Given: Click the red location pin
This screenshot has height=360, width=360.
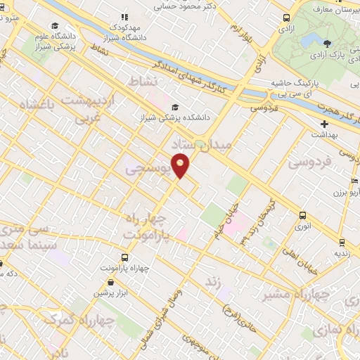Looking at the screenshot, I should click(x=181, y=164).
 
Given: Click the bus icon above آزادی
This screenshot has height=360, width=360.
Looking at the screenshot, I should click(x=285, y=18).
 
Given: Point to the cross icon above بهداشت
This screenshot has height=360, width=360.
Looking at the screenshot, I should click(x=323, y=124).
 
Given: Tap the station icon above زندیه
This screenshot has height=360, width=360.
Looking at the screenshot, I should click(x=341, y=242).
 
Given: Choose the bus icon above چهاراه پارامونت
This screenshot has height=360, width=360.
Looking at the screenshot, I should click(x=124, y=257).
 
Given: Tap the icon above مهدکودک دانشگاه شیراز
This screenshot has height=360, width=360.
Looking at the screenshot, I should click(x=124, y=17).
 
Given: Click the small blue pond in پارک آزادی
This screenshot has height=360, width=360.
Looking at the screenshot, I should click(x=310, y=44).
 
